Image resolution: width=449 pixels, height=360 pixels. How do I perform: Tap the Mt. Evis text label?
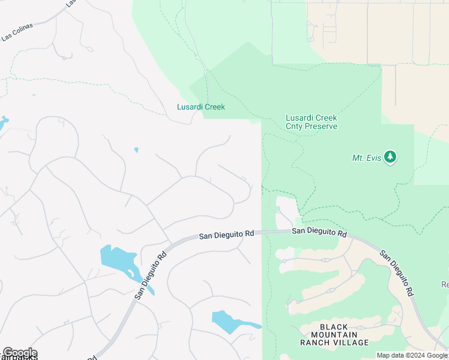click(367, 158)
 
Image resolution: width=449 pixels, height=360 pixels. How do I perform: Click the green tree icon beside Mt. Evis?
click(391, 157)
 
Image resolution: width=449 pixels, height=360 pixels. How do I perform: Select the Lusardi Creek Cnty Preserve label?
click(311, 122)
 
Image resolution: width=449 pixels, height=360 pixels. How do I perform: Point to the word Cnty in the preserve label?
click(295, 126)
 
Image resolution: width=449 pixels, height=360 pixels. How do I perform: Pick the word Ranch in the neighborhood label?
click(316, 342)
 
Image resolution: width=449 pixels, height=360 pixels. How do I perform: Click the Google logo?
click(20, 352)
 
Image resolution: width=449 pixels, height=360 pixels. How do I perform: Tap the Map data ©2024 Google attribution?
click(412, 355)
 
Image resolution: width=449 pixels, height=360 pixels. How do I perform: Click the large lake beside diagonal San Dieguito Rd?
click(120, 259)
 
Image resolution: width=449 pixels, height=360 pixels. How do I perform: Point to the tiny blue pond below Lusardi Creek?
click(136, 149)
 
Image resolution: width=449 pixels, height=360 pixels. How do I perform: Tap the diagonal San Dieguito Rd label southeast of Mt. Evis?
click(397, 270)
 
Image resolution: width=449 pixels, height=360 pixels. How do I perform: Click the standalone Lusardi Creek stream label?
click(200, 107)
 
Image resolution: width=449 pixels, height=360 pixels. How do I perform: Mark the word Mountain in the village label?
click(334, 334)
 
